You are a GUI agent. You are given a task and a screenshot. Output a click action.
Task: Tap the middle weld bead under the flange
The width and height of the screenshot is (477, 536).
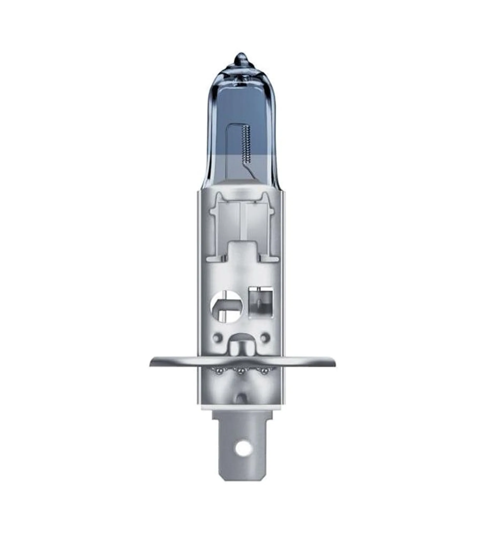(240, 371)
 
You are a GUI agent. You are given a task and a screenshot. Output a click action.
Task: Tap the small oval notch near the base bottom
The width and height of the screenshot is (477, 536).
(241, 398)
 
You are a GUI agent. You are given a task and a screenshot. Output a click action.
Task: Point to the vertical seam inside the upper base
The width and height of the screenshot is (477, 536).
(240, 218)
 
